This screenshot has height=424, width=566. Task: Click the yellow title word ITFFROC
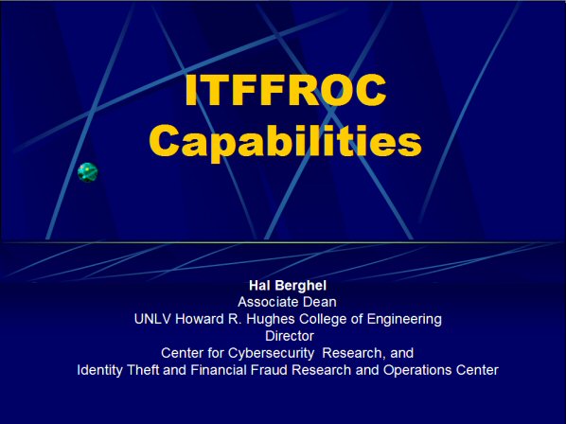(286, 90)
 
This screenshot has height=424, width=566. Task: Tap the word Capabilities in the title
(286, 141)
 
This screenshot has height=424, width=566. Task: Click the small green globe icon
(88, 172)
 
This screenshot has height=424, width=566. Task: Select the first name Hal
(257, 286)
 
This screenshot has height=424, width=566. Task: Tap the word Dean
(320, 302)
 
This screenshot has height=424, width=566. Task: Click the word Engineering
(404, 320)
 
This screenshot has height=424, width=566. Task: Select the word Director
(290, 336)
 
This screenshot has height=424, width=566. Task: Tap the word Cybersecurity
(271, 354)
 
